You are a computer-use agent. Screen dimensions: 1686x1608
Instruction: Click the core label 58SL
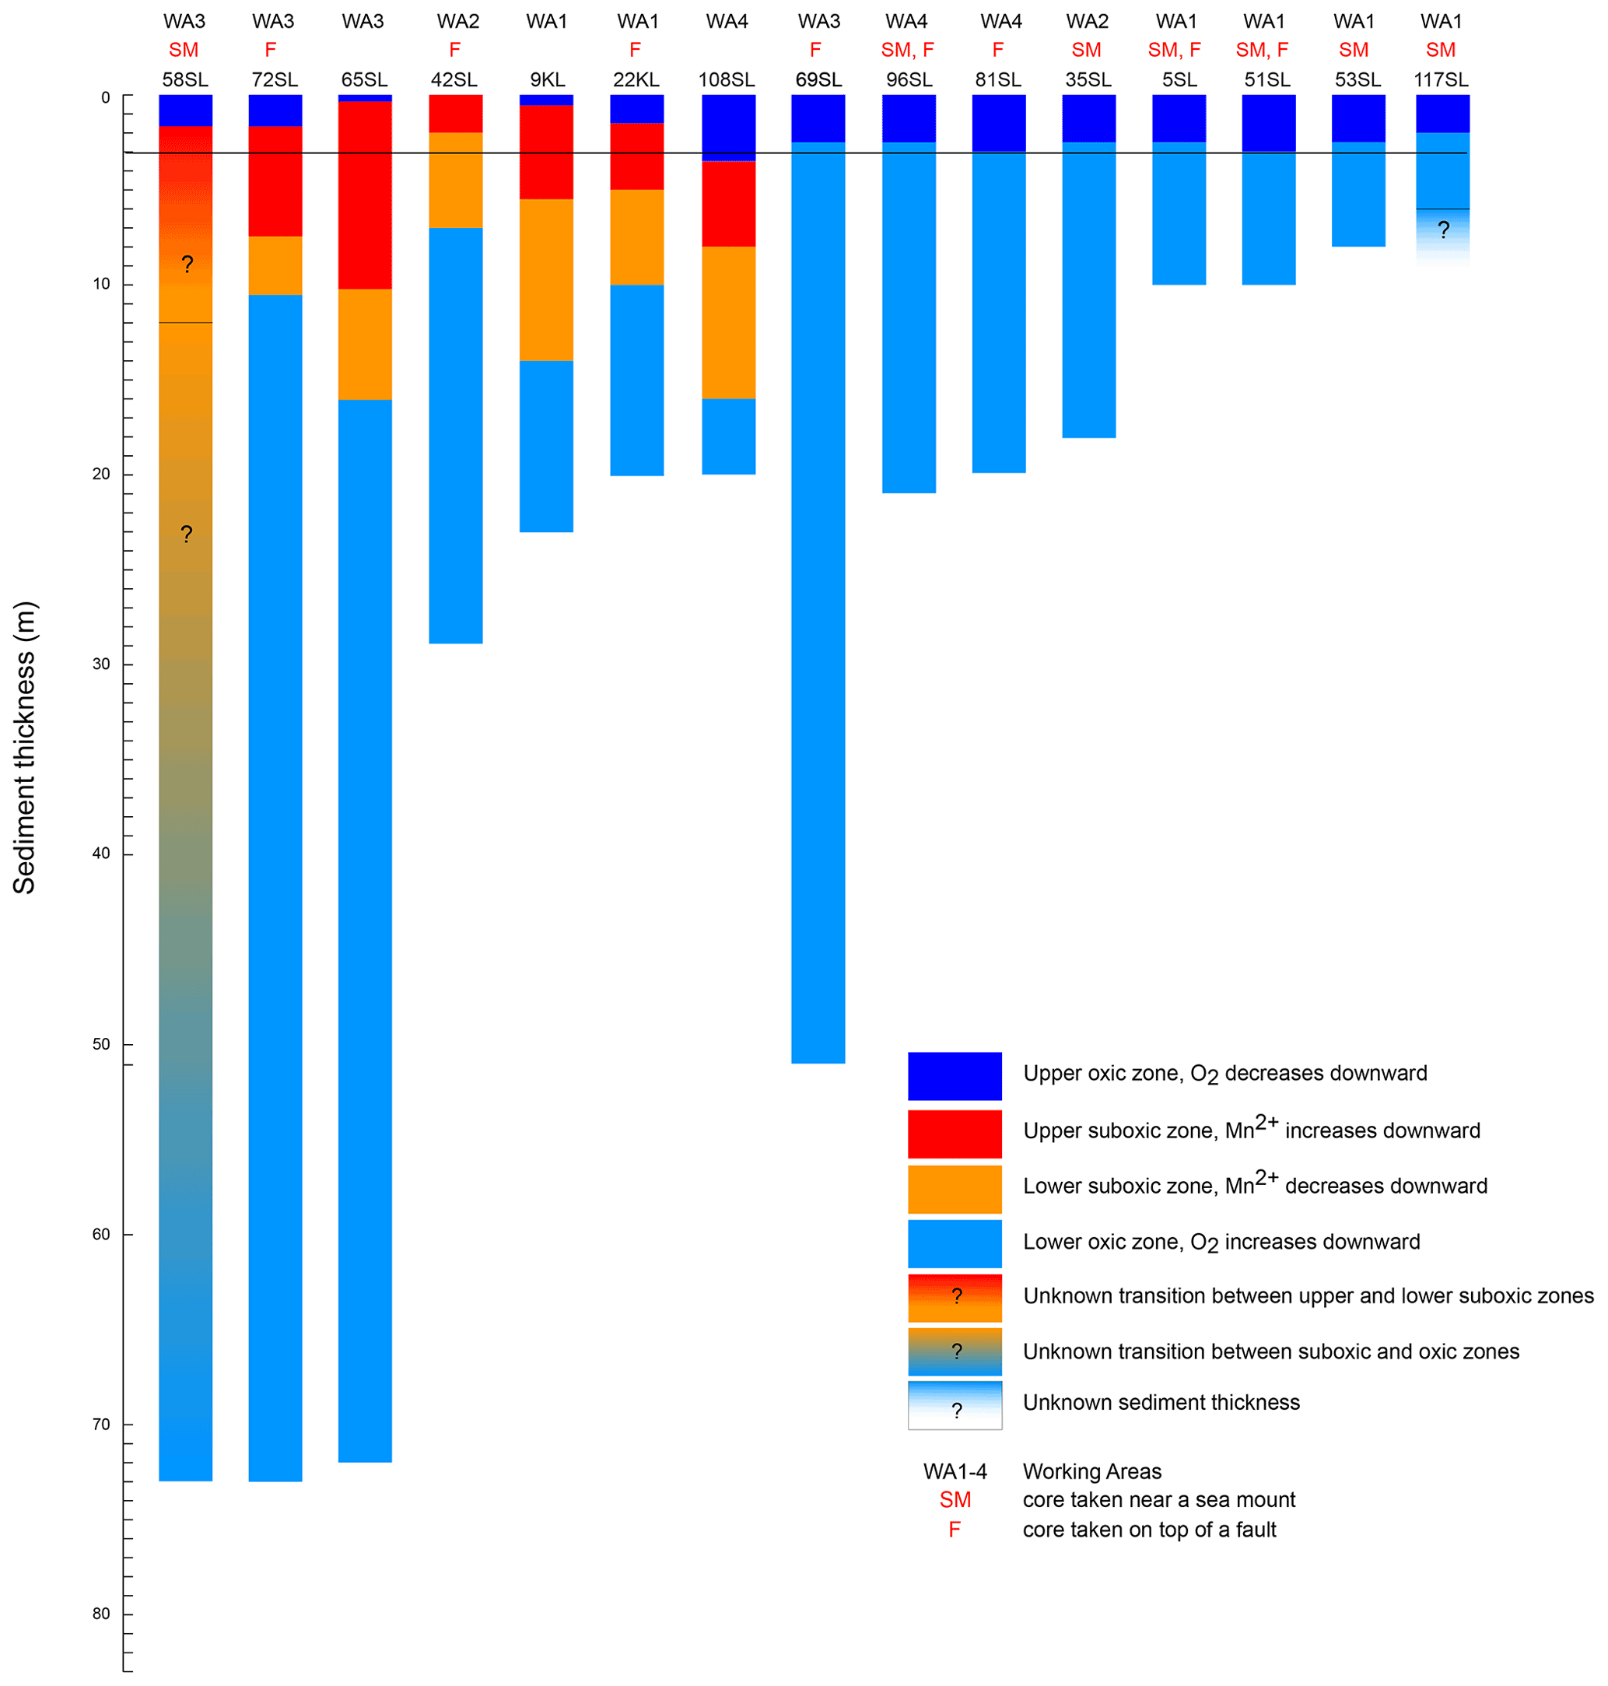point(185,79)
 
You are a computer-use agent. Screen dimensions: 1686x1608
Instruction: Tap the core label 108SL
point(727,79)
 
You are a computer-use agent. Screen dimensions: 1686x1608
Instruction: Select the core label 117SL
point(1441,79)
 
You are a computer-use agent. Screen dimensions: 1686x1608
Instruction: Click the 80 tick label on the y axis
point(102,1614)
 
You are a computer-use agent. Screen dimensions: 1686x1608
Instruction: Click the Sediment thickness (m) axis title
point(25,748)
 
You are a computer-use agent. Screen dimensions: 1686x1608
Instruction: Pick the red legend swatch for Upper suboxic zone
point(955,1133)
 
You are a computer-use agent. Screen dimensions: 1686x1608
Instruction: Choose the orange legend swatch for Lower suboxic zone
point(955,1189)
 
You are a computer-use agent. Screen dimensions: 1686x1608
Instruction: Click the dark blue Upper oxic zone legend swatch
point(955,1076)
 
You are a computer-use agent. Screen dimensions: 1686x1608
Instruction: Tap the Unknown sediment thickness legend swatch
point(955,1405)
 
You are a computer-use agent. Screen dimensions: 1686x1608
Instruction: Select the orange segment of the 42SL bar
point(456,180)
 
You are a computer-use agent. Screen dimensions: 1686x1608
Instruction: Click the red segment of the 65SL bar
point(365,195)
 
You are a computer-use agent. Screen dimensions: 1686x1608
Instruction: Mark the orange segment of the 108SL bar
point(729,322)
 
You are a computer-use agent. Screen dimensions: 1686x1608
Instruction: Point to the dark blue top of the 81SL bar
point(999,123)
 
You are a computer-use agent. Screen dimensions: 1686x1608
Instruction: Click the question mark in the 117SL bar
point(1443,230)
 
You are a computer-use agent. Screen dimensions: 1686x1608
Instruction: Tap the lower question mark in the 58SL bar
point(186,534)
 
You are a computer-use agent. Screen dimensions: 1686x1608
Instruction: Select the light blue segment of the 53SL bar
point(1358,194)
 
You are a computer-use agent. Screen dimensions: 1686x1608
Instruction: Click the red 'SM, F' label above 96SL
point(908,50)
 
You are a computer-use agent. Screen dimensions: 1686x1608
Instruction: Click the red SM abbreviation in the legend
point(955,1499)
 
